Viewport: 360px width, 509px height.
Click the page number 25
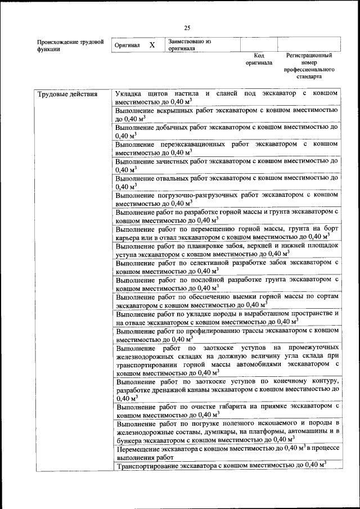[x=187, y=28]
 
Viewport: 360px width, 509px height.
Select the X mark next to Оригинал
[x=152, y=45]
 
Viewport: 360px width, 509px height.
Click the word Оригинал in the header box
[x=127, y=45]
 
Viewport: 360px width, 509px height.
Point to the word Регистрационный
[x=309, y=56]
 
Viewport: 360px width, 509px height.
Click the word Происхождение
[x=55, y=42]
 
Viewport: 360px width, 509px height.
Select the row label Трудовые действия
[x=67, y=94]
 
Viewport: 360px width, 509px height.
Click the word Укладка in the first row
[x=129, y=93]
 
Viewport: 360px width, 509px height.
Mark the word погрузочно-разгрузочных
[x=197, y=195]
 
